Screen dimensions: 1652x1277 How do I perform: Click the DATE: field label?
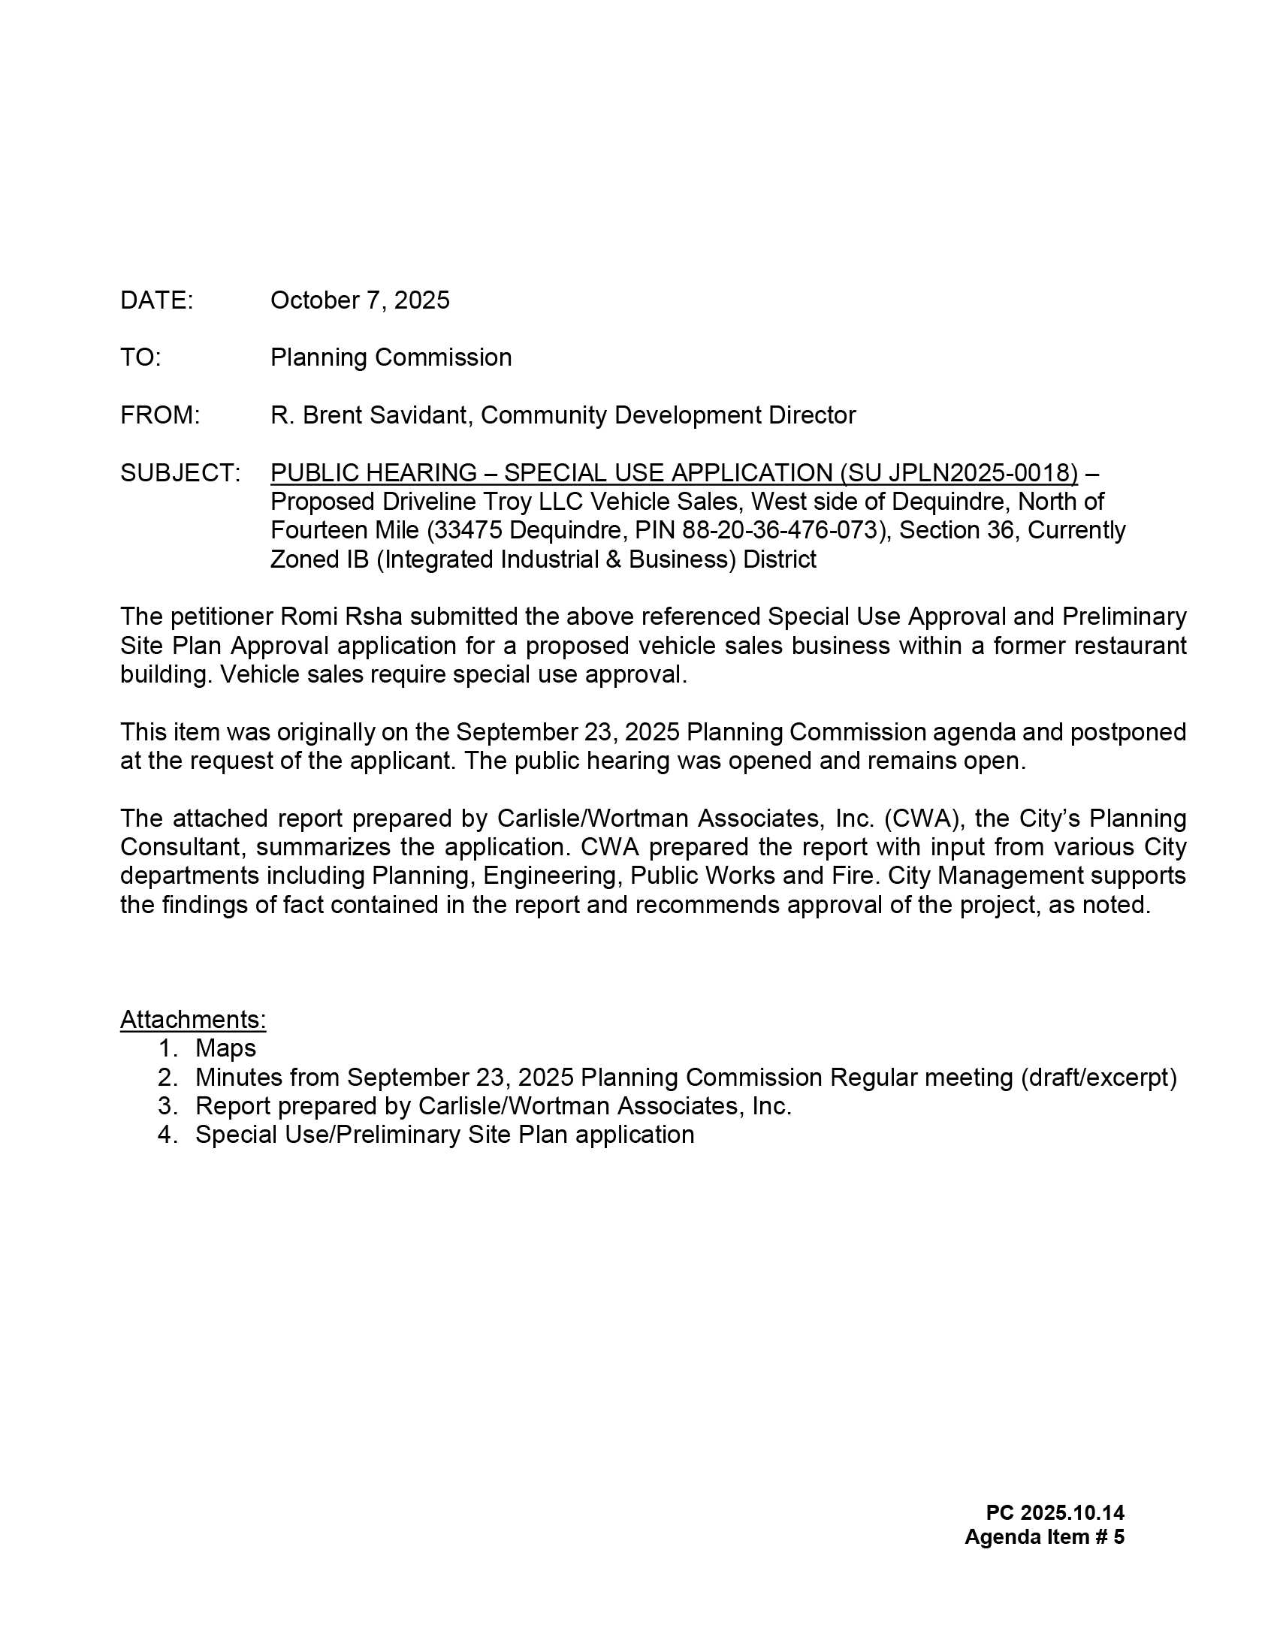pyautogui.click(x=156, y=300)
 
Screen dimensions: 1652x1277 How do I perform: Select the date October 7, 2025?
pyautogui.click(x=359, y=300)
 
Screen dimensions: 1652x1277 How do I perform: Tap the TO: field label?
pyautogui.click(x=140, y=357)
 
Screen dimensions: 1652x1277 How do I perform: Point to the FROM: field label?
pyautogui.click(x=159, y=415)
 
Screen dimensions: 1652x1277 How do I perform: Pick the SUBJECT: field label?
pyautogui.click(x=180, y=473)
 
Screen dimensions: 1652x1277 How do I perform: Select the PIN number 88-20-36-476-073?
pyautogui.click(x=783, y=530)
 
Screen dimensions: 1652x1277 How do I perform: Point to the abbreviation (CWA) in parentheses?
pyautogui.click(x=920, y=818)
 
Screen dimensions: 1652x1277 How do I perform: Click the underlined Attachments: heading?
pyautogui.click(x=193, y=1020)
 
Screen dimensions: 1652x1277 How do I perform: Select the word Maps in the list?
pyautogui.click(x=225, y=1048)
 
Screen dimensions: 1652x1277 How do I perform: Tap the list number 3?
pyautogui.click(x=168, y=1106)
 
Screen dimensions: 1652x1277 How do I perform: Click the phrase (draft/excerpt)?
pyautogui.click(x=1098, y=1077)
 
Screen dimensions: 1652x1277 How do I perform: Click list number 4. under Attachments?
pyautogui.click(x=168, y=1135)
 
